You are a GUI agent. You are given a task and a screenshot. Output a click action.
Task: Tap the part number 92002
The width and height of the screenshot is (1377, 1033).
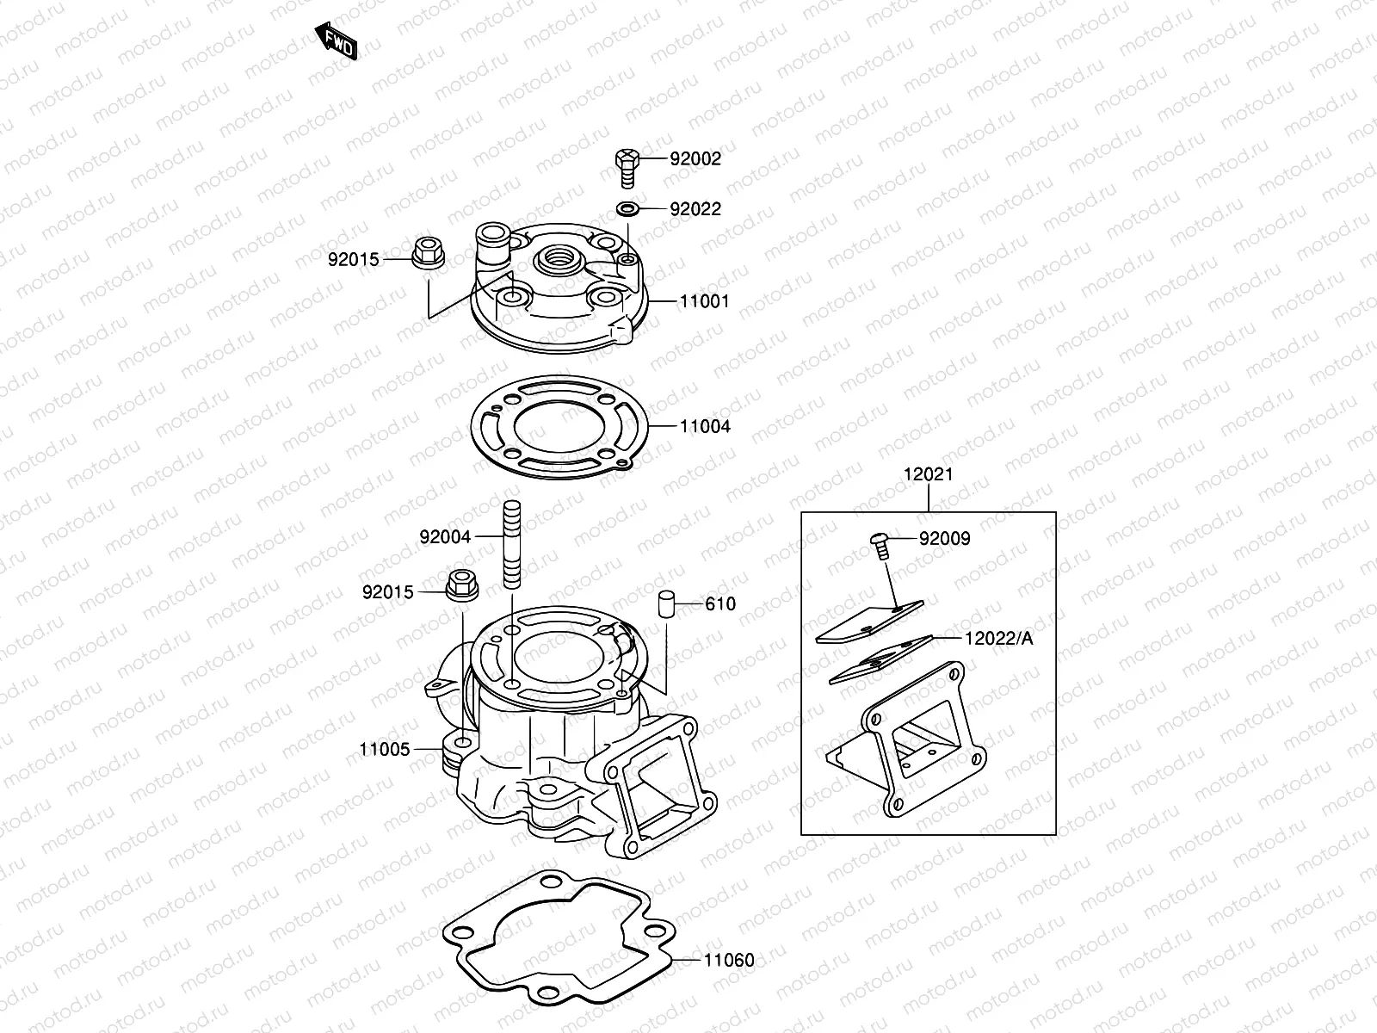[695, 159]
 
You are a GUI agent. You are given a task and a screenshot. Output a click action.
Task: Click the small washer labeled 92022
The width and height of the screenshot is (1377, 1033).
[627, 209]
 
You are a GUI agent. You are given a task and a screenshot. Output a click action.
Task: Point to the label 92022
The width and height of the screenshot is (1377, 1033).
[695, 209]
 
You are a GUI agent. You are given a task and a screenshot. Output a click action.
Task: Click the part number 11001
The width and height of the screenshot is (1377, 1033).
[704, 302]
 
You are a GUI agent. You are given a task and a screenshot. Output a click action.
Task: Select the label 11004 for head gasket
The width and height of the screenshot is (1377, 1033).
[704, 427]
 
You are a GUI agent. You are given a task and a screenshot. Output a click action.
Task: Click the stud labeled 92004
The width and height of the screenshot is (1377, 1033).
[509, 544]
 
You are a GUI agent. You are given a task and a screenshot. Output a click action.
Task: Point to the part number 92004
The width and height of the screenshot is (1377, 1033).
[445, 537]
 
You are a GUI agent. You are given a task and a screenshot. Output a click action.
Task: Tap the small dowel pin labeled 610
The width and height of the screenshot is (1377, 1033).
[665, 603]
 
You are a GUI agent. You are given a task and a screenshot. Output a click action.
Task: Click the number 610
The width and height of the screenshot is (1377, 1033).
[720, 604]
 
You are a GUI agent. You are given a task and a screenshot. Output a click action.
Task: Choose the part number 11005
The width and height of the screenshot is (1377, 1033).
[385, 750]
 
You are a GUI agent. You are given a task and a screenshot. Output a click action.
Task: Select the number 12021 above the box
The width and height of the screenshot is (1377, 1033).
[928, 474]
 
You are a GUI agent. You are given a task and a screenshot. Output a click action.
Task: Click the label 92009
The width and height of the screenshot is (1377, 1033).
[944, 539]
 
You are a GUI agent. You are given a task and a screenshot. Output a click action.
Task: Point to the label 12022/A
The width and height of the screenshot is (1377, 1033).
[998, 638]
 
